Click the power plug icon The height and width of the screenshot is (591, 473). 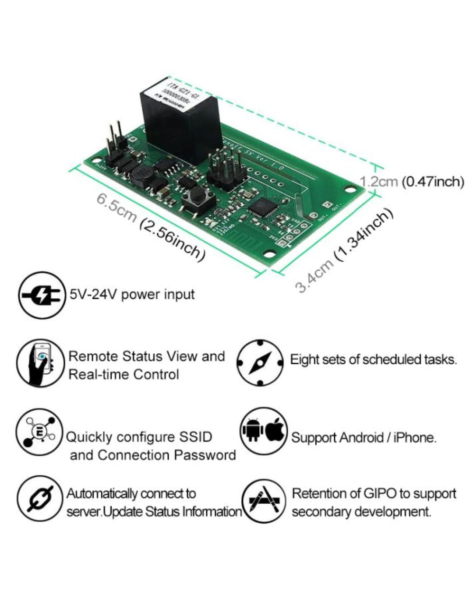[x=41, y=295]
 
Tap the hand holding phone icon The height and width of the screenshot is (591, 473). [x=40, y=363]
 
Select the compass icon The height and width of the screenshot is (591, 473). [x=260, y=363]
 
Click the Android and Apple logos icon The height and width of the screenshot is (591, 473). [x=264, y=431]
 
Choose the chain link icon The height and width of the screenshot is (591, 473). [x=40, y=499]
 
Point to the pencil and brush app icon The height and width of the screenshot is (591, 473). [x=265, y=501]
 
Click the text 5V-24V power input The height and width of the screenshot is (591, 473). [x=131, y=294]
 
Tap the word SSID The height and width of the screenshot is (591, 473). [x=195, y=437]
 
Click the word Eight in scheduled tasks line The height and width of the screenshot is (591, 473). [x=305, y=359]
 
